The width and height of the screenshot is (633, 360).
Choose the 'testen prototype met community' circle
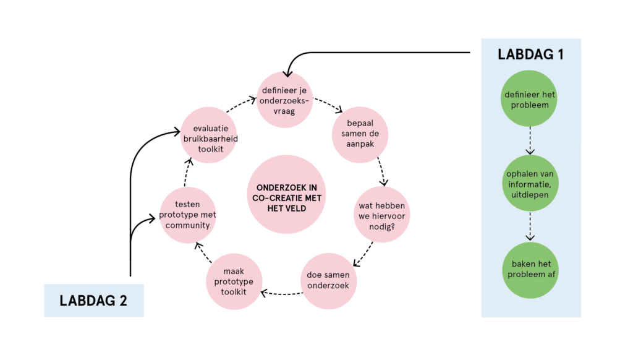click(187, 214)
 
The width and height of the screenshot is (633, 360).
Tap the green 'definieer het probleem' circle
click(529, 99)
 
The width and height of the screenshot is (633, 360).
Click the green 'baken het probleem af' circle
click(529, 269)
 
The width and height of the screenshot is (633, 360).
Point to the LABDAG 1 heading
click(530, 54)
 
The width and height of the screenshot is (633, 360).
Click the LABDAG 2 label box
click(93, 301)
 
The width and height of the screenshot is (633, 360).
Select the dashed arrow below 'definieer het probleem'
click(530, 141)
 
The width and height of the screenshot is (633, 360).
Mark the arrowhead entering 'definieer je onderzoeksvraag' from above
click(288, 74)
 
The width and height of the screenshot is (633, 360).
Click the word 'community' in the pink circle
click(187, 225)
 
